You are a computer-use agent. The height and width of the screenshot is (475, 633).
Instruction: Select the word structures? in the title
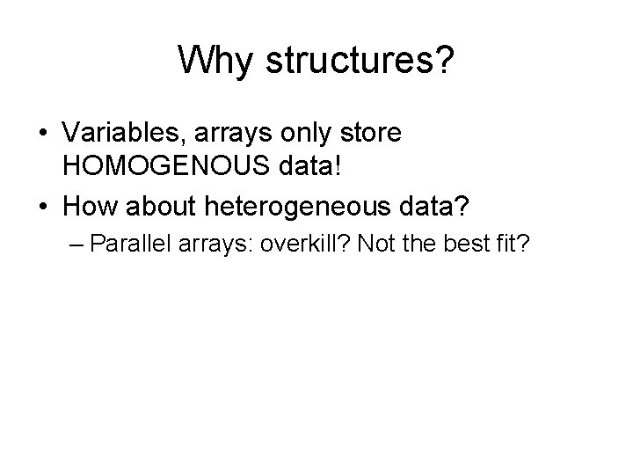click(359, 62)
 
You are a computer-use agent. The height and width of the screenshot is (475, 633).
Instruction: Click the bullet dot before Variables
click(43, 135)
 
